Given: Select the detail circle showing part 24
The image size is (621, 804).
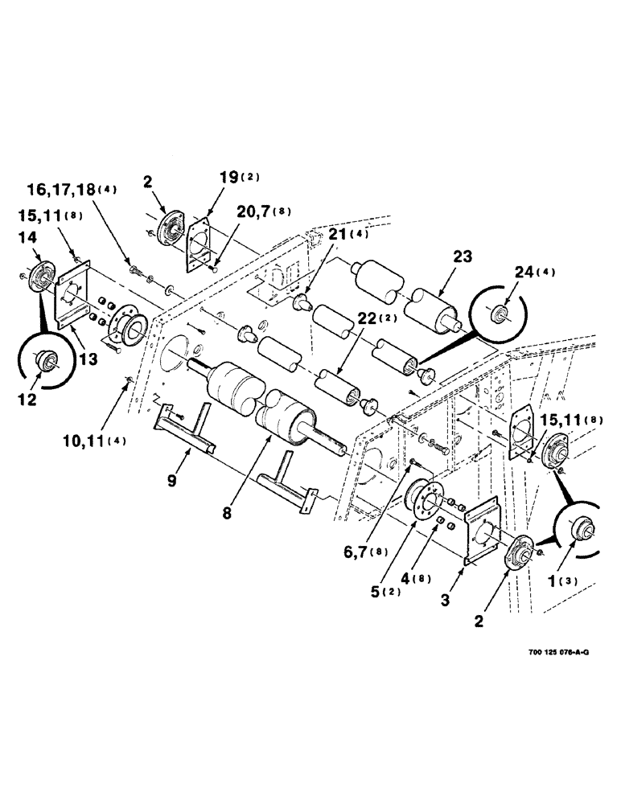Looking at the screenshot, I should coord(498,313).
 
